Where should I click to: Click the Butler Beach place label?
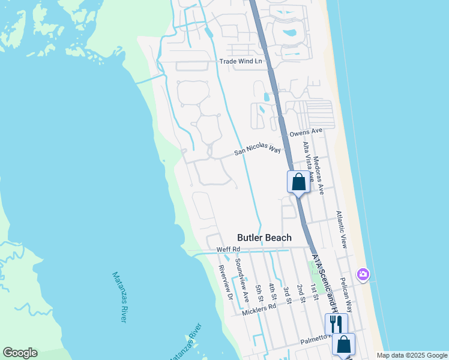tap(264, 238)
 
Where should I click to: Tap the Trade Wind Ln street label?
tap(241, 61)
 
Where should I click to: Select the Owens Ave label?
tap(306, 131)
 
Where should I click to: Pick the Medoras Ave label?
tap(319, 175)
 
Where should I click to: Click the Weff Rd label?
tap(228, 249)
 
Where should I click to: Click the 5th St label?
tap(259, 293)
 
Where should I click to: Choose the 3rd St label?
tap(286, 293)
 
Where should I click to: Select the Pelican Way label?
tap(345, 292)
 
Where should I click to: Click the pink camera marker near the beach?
tap(363, 274)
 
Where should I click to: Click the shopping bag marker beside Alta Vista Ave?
tap(298, 181)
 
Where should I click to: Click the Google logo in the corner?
tap(20, 353)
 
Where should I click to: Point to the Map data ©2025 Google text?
tap(412, 355)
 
